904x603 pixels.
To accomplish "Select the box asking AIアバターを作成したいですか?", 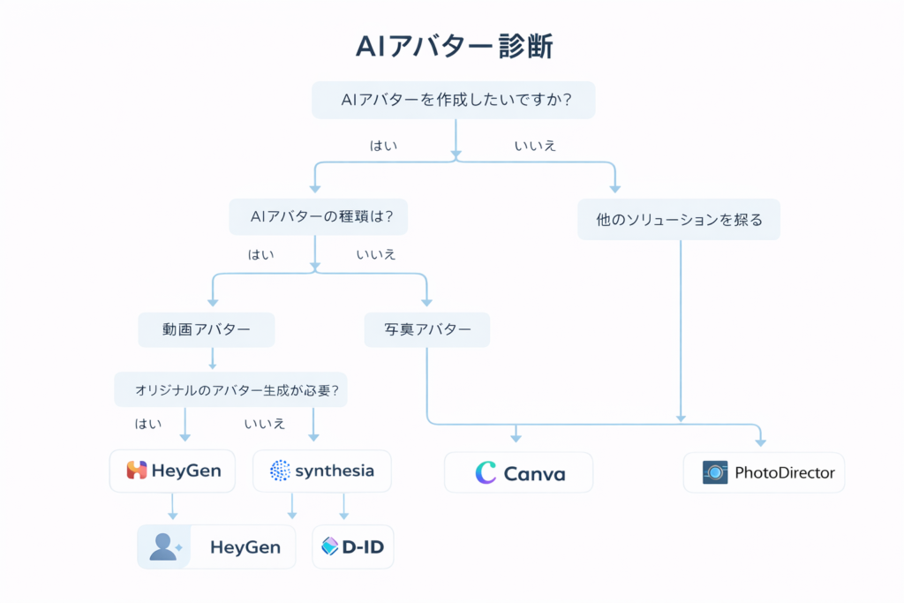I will pos(454,101).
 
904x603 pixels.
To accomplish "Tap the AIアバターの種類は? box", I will pos(318,216).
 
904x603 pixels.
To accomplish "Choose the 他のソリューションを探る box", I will pos(678,219).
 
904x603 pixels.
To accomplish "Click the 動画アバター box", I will pos(207,330).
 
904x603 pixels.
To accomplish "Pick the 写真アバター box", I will pos(426,330).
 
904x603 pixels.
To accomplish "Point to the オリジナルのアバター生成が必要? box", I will pos(230,389).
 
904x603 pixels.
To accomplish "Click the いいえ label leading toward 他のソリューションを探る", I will pos(535,146).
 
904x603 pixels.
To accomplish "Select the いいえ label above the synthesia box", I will pos(265,424).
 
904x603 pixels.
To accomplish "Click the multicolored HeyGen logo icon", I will pos(136,471).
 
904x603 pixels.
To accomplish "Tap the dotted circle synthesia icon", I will pos(280,471).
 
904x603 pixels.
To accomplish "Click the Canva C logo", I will pos(485,473).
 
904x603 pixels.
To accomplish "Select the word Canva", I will pos(534,474).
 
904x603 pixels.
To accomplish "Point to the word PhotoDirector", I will pos(784,472).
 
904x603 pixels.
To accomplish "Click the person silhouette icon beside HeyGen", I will pos(164,547).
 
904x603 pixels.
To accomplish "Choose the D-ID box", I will pos(353,547).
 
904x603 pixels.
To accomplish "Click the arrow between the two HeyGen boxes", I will pos(173,507).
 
